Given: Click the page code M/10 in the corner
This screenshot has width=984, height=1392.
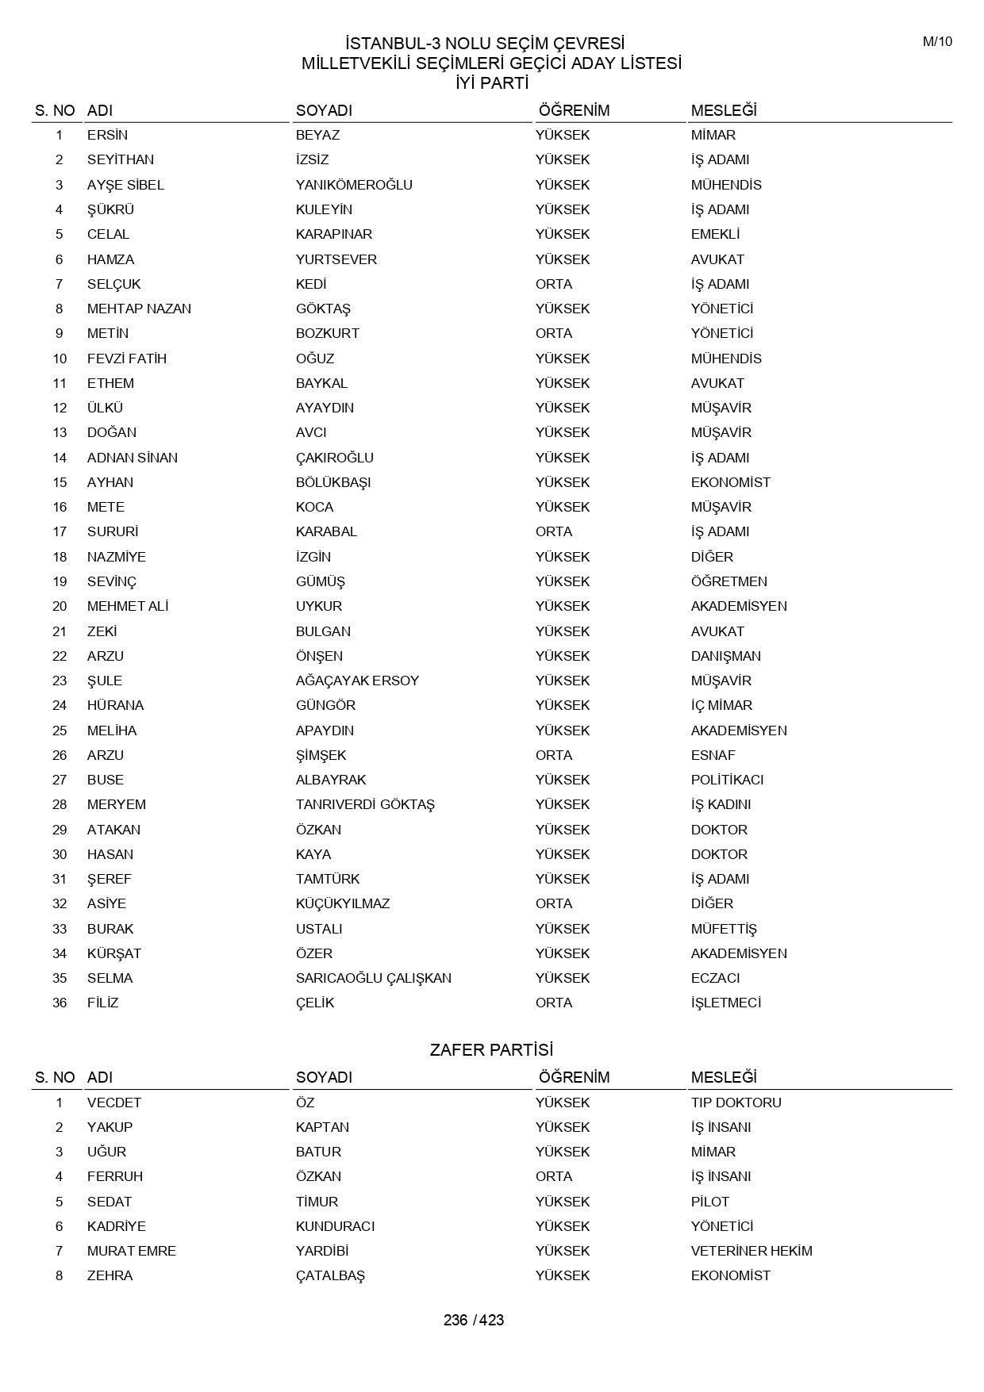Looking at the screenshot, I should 937,42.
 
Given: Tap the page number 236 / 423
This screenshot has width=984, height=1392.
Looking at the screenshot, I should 474,1320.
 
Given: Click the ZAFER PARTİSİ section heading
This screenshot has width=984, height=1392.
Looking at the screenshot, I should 491,1049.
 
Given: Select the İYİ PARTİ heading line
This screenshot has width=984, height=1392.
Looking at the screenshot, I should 491,82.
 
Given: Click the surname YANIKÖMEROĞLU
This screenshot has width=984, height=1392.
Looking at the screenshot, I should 354,185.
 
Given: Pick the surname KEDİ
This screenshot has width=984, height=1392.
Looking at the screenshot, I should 311,284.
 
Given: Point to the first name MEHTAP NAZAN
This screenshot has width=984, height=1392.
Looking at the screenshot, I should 139,309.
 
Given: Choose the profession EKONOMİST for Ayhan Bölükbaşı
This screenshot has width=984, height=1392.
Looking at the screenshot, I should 730,482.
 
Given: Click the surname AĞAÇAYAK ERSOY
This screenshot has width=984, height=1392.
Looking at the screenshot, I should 357,681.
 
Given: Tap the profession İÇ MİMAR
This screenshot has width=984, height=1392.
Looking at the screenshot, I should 721,705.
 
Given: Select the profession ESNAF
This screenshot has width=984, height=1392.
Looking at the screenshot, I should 713,755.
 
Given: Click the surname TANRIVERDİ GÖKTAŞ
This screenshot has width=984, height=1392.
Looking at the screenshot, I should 365,804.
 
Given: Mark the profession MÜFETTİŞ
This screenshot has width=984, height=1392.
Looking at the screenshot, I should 724,929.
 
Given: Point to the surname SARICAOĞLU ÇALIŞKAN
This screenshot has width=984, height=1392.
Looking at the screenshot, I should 373,978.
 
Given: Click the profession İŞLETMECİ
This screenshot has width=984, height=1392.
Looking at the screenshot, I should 725,1003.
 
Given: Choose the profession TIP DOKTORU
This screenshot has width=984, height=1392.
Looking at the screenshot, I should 736,1102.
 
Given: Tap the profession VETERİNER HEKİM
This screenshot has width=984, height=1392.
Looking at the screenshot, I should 751,1251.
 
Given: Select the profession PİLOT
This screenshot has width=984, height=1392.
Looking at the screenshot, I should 709,1202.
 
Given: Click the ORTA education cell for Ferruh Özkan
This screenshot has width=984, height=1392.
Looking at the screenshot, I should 553,1176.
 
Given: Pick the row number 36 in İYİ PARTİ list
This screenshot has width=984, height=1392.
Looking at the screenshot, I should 60,1003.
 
